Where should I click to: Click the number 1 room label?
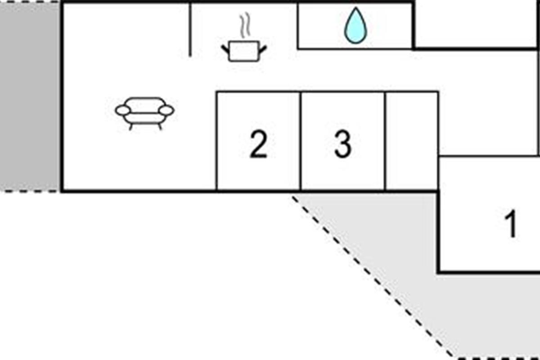(x=510, y=225)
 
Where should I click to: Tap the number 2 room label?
(x=258, y=144)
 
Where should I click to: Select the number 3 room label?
(x=342, y=144)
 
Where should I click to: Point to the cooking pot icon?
(x=244, y=50)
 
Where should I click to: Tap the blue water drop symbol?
(x=355, y=26)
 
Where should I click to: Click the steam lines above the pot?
(x=244, y=26)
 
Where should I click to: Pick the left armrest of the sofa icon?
(x=122, y=110)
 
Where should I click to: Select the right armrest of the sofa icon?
(x=166, y=110)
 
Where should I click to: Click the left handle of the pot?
(x=225, y=49)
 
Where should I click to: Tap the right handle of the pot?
(x=263, y=49)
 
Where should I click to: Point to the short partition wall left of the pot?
(x=190, y=30)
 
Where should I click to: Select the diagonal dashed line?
(x=369, y=274)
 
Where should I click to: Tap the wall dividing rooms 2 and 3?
(x=300, y=140)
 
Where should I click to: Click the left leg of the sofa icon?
(x=131, y=126)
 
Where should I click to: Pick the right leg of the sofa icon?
(x=159, y=126)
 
